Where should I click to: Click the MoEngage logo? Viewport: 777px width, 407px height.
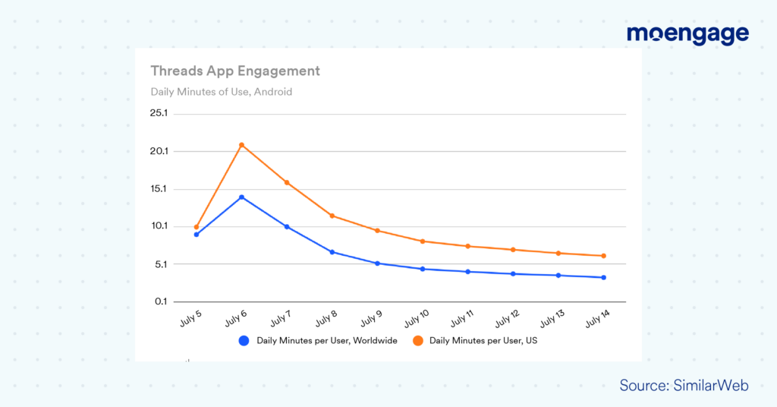pos(687,34)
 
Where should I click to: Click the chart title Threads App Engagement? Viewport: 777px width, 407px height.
pos(235,71)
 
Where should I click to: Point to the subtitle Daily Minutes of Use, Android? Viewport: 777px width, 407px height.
pos(221,92)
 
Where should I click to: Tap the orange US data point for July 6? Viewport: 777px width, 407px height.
pos(241,145)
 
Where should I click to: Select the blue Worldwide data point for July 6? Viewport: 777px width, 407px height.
pos(241,197)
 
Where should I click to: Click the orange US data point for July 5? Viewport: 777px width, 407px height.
pos(197,227)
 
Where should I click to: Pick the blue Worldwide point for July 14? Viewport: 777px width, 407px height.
pos(603,277)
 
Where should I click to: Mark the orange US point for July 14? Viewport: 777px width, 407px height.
pos(603,256)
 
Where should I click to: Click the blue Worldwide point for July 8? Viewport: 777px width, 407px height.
pos(332,252)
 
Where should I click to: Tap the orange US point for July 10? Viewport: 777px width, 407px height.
pos(423,241)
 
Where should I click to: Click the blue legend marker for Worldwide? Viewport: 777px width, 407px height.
pos(244,341)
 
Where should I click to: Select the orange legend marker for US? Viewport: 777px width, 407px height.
pos(418,341)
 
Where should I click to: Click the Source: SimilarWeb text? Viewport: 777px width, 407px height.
pos(684,386)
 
